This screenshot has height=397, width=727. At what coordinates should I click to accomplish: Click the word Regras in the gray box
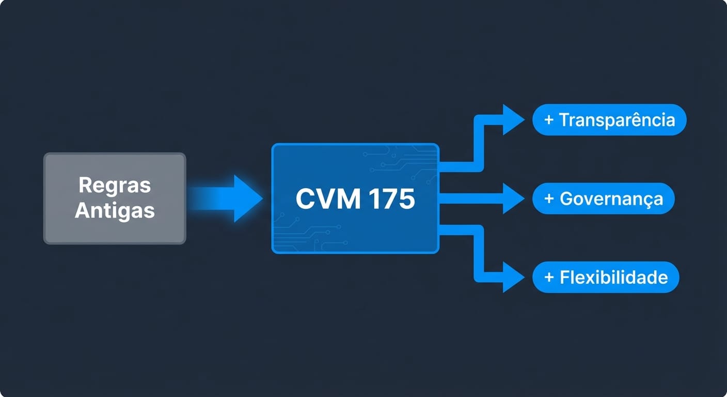click(115, 185)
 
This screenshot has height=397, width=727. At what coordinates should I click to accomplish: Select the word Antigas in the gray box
click(115, 210)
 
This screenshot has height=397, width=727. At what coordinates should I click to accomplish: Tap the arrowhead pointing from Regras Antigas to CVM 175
click(247, 198)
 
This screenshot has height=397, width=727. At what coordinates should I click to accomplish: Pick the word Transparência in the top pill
click(617, 120)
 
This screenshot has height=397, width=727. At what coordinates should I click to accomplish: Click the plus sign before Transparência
click(549, 120)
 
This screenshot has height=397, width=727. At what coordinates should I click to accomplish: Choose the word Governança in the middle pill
click(611, 198)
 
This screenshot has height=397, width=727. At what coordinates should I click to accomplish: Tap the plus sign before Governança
click(549, 198)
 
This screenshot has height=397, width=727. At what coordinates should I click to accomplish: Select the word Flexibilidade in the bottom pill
click(613, 277)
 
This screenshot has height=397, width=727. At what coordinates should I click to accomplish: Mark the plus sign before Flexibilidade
click(549, 277)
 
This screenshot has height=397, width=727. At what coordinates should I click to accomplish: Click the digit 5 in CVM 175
click(406, 199)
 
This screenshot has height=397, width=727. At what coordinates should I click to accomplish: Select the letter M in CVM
click(345, 199)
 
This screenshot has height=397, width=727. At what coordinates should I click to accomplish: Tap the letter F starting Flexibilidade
click(565, 277)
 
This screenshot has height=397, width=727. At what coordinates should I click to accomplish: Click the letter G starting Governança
click(566, 198)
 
